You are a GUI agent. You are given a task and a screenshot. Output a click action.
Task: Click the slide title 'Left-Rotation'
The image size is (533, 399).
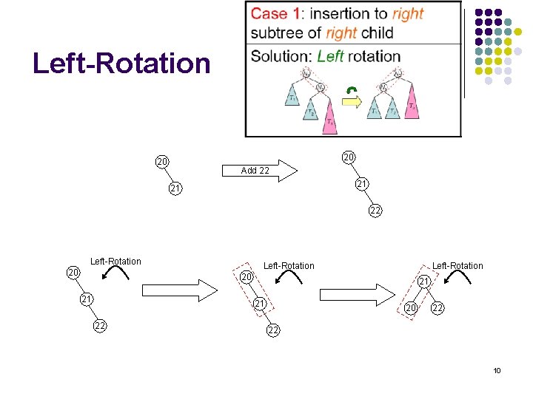(x=121, y=64)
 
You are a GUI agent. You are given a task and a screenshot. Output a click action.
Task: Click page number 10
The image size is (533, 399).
(x=497, y=370)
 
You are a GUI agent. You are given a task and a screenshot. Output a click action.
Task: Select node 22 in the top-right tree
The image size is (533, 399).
(x=376, y=211)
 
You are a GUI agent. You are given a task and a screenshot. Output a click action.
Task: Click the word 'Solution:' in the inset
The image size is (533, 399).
(x=281, y=56)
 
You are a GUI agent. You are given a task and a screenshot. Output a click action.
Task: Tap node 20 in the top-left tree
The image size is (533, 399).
(x=161, y=162)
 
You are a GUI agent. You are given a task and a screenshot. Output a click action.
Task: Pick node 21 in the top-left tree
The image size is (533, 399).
(x=175, y=189)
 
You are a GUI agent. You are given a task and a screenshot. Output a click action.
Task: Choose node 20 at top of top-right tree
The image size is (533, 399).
(x=349, y=157)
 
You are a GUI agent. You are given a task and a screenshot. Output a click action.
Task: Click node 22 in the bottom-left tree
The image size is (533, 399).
(x=99, y=327)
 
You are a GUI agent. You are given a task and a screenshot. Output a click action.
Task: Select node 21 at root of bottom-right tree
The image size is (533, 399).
(x=423, y=282)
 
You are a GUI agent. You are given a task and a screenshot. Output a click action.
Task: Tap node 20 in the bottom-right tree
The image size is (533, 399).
(x=410, y=308)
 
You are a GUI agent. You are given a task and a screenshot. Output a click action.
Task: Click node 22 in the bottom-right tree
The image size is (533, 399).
(x=438, y=308)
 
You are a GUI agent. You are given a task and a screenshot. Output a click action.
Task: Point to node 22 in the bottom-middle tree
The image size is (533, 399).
(x=272, y=330)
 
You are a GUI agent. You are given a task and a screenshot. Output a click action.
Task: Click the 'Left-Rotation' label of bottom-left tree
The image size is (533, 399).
(x=115, y=261)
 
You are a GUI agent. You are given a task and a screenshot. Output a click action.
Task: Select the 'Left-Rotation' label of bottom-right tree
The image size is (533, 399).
(x=457, y=265)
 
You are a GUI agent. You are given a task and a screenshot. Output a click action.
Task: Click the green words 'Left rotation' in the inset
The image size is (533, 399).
(x=359, y=56)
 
